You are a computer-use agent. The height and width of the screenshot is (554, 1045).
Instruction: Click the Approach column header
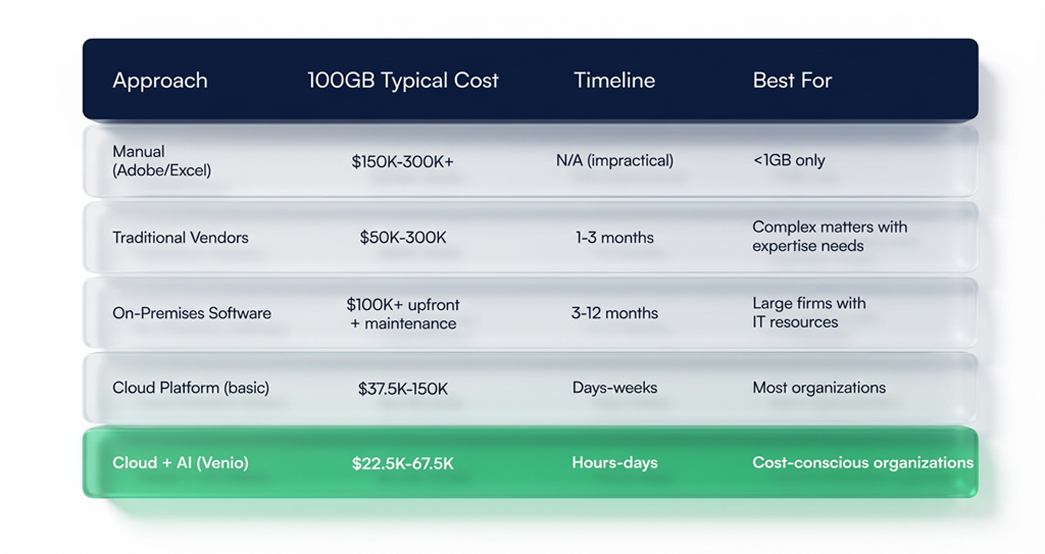tap(160, 80)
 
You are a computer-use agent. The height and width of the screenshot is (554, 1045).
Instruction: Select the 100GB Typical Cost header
tap(403, 80)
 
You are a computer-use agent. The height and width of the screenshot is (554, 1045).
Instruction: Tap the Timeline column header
tap(614, 80)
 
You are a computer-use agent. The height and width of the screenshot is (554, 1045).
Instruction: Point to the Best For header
tap(792, 80)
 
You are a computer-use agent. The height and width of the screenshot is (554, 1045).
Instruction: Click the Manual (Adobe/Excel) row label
tap(161, 161)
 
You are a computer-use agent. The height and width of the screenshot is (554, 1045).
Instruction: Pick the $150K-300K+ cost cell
tap(402, 162)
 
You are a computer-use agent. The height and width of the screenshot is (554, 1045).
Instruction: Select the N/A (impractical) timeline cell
tap(614, 160)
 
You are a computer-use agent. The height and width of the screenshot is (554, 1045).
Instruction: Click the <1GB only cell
tap(789, 160)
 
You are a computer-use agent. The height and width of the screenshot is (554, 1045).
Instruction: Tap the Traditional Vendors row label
tap(180, 237)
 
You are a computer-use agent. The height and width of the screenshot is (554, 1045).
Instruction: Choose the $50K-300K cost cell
tap(403, 237)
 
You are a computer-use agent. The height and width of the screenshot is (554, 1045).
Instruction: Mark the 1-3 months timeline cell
tap(614, 237)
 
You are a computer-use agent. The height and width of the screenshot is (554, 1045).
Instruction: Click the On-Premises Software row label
tap(191, 313)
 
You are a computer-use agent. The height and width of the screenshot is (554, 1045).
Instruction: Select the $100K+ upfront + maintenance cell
tap(403, 314)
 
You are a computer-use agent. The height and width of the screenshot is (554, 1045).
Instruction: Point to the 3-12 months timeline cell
tap(614, 313)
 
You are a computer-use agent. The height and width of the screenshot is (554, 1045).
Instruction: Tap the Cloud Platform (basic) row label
tap(190, 388)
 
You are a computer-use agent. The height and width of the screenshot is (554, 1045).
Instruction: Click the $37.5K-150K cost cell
tap(403, 389)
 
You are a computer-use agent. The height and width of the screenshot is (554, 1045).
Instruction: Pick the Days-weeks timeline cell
tap(614, 388)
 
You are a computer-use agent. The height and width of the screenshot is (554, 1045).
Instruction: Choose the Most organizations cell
tap(819, 388)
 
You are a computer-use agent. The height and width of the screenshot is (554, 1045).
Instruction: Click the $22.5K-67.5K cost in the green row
tap(402, 464)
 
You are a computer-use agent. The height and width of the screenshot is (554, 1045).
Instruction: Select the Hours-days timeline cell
tap(614, 462)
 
